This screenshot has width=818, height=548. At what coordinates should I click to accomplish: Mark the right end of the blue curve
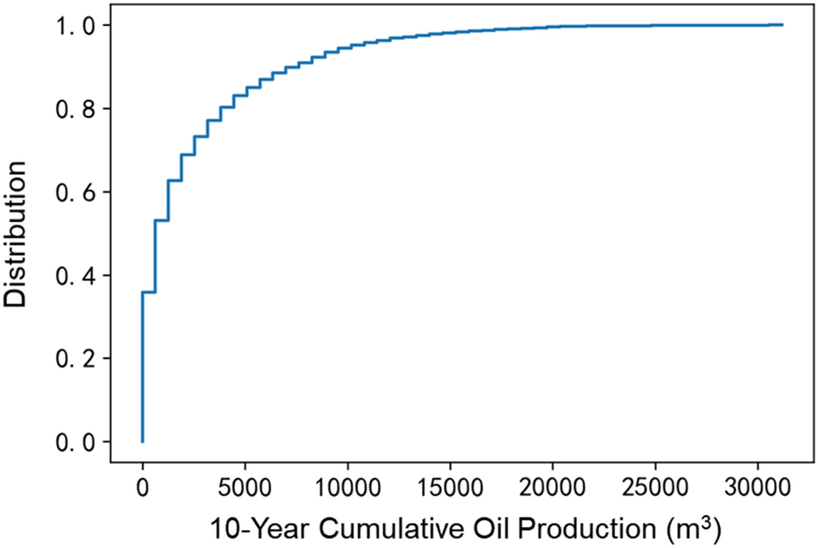coord(782,25)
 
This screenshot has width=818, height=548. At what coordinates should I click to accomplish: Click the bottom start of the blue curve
coord(142,441)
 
